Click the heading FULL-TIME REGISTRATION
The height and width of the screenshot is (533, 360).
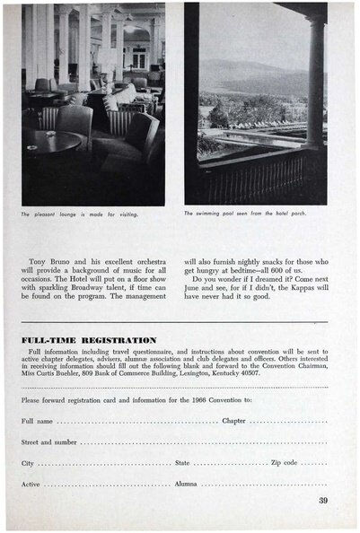coord(88,341)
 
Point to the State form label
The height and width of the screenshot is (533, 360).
coord(182,463)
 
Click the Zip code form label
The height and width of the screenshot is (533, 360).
coord(285,463)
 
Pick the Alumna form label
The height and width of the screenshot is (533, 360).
coord(186,485)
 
